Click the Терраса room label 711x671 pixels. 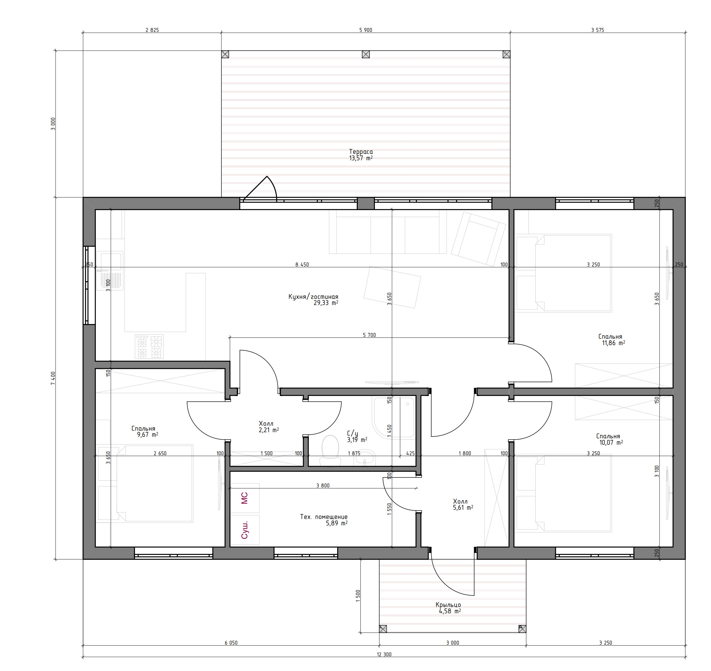pyautogui.click(x=361, y=152)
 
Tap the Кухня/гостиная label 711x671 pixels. pyautogui.click(x=313, y=297)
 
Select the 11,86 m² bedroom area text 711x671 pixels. pyautogui.click(x=614, y=343)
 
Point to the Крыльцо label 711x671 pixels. pyautogui.click(x=448, y=605)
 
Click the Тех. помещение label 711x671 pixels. pyautogui.click(x=324, y=517)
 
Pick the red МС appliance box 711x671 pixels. pyautogui.click(x=244, y=498)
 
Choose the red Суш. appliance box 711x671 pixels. pyautogui.click(x=244, y=530)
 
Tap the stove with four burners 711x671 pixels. pyautogui.click(x=149, y=346)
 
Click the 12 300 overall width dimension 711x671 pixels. pyautogui.click(x=384, y=654)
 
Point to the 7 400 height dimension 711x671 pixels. pyautogui.click(x=53, y=378)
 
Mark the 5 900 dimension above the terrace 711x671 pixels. pyautogui.click(x=366, y=30)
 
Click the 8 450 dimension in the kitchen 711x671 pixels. pyautogui.click(x=302, y=265)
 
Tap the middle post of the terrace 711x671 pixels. pyautogui.click(x=366, y=54)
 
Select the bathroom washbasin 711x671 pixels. pyautogui.click(x=365, y=458)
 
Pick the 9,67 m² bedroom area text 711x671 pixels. pyautogui.click(x=148, y=435)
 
